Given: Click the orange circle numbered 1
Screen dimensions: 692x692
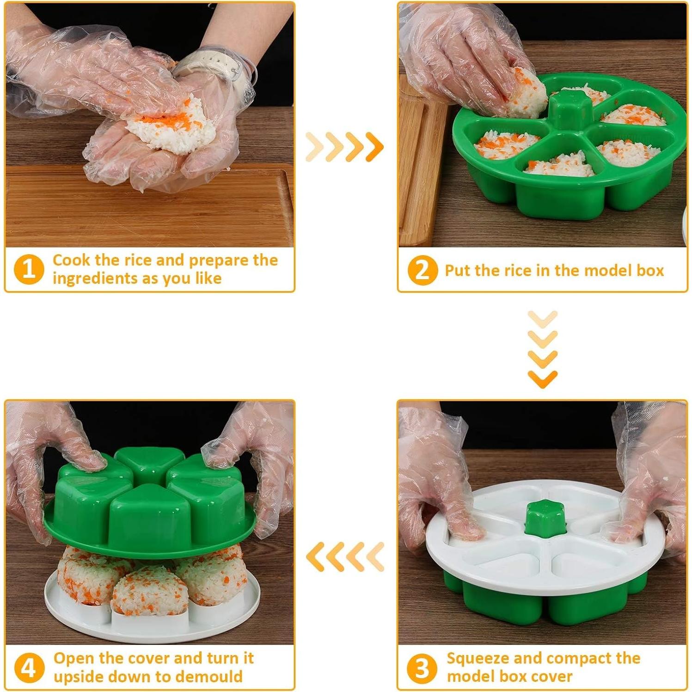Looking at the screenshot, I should tap(29, 269).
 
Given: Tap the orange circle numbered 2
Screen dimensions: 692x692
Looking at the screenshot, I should tap(422, 270).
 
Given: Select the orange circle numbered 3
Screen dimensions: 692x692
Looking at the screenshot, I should tap(422, 668).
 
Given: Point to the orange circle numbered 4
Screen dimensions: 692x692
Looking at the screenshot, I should tap(29, 668).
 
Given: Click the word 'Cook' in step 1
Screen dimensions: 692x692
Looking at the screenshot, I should tap(71, 260).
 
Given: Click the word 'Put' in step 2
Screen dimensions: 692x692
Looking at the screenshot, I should tap(457, 270).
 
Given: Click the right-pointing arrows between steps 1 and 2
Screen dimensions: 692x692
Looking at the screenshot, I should tap(345, 147).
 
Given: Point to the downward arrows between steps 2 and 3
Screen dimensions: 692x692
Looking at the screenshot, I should tap(542, 349).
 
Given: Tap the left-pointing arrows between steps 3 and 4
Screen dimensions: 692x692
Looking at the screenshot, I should tap(345, 556).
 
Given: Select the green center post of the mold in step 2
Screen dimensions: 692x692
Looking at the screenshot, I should tap(570, 109).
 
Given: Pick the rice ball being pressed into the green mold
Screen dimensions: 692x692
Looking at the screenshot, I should tap(525, 92).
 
